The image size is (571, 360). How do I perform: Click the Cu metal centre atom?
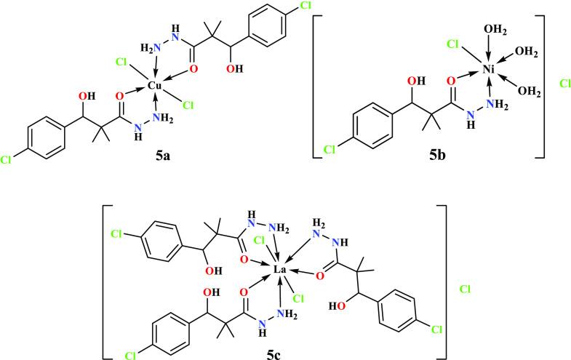(x=154, y=86)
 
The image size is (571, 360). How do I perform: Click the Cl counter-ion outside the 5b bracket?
(x=565, y=84)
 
